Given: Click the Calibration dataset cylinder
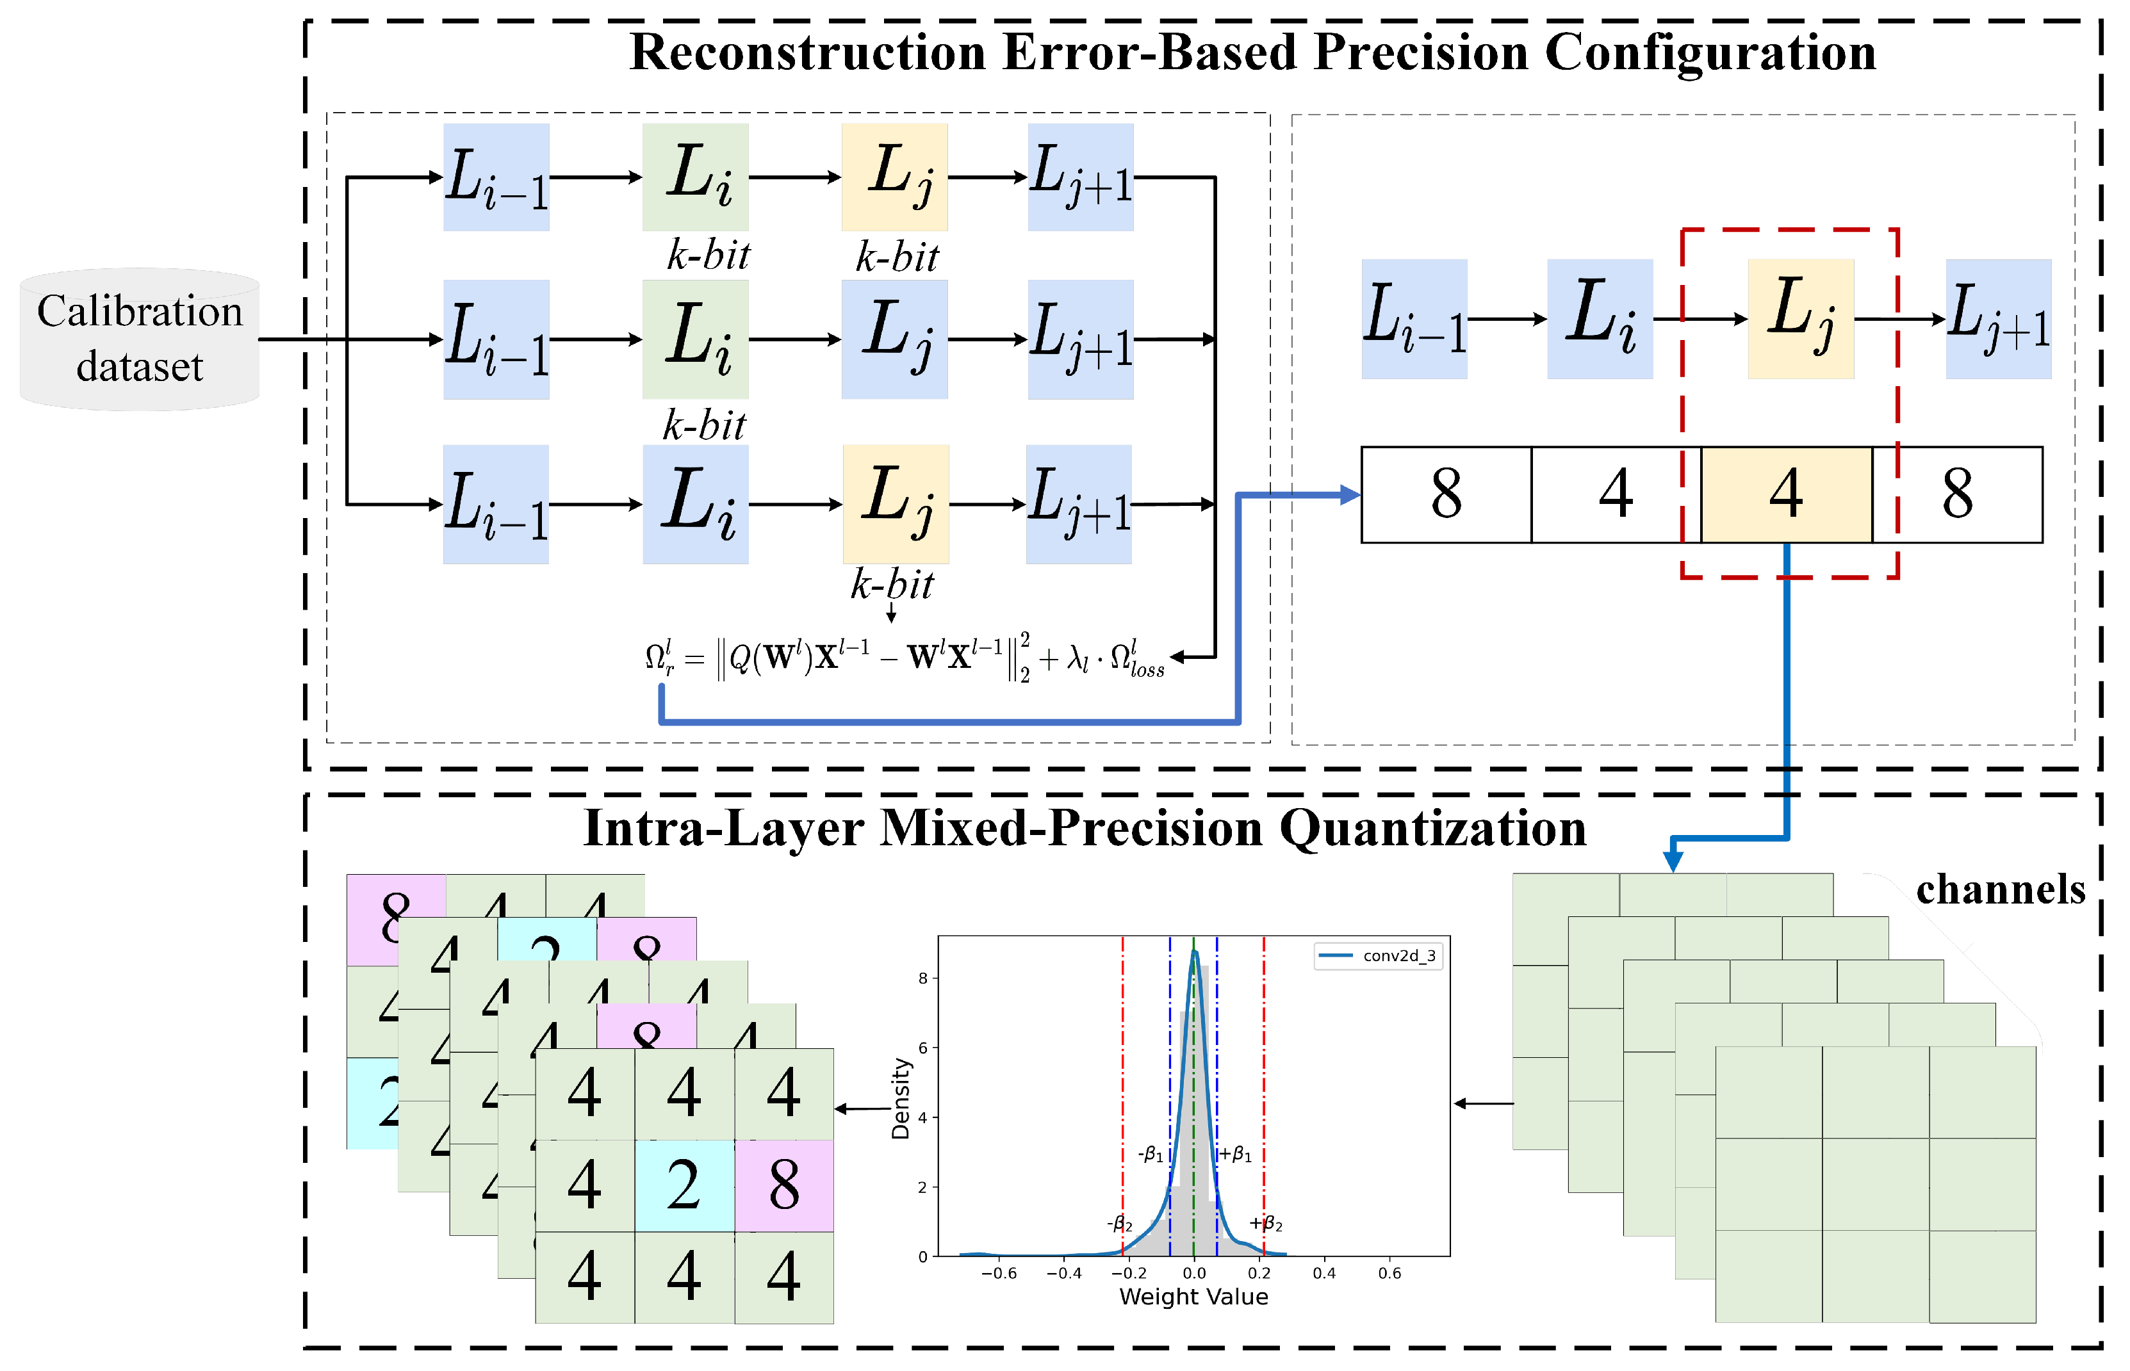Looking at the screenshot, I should coord(140,339).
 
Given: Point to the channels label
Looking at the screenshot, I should coord(2000,889).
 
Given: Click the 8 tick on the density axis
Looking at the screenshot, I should coord(922,978).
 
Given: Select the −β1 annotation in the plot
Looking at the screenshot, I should coord(1151,1155).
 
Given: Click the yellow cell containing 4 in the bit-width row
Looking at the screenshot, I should coord(1786,494).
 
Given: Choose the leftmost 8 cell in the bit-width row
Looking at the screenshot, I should coord(1446,494).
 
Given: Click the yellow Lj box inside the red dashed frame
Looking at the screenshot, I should coord(1801,319).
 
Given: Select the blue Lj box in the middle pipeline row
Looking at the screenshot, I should coord(894,339).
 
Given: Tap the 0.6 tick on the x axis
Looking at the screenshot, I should coord(1389,1273).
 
